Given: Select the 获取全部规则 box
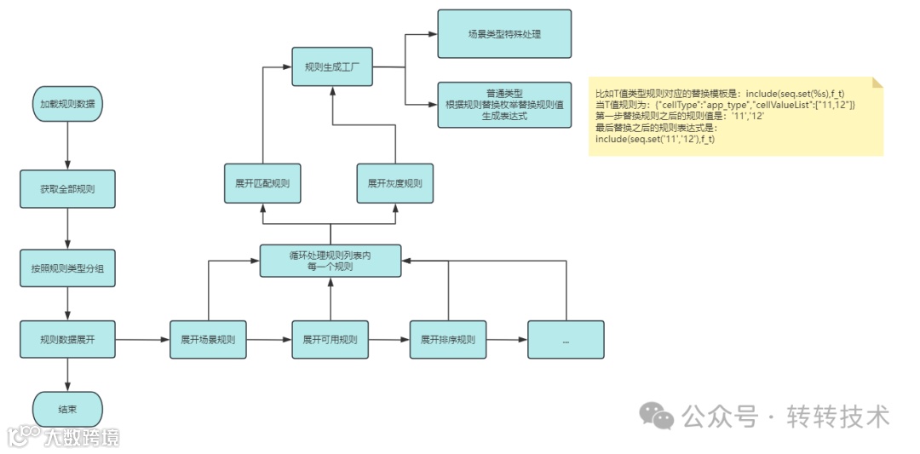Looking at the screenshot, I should point(67,189).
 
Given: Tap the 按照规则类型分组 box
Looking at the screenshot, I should point(67,267).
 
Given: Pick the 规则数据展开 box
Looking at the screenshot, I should point(67,340).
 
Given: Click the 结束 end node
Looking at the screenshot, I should point(67,410).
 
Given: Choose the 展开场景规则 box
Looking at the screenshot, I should point(208,340).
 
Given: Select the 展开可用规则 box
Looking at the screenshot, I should point(330,340).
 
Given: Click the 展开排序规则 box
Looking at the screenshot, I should point(447,340).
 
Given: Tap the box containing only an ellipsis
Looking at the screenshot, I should point(566,340).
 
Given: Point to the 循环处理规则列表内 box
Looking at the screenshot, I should point(330,260).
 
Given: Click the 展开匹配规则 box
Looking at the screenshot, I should point(262,183).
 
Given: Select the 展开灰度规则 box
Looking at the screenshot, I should point(394,183).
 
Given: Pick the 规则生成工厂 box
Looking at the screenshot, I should point(332,66).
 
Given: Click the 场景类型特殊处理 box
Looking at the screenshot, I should point(504,35).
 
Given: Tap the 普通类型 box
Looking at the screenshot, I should point(504,104).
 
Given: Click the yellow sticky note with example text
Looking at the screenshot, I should point(735,116).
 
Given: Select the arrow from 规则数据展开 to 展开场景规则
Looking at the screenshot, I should point(141,340).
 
